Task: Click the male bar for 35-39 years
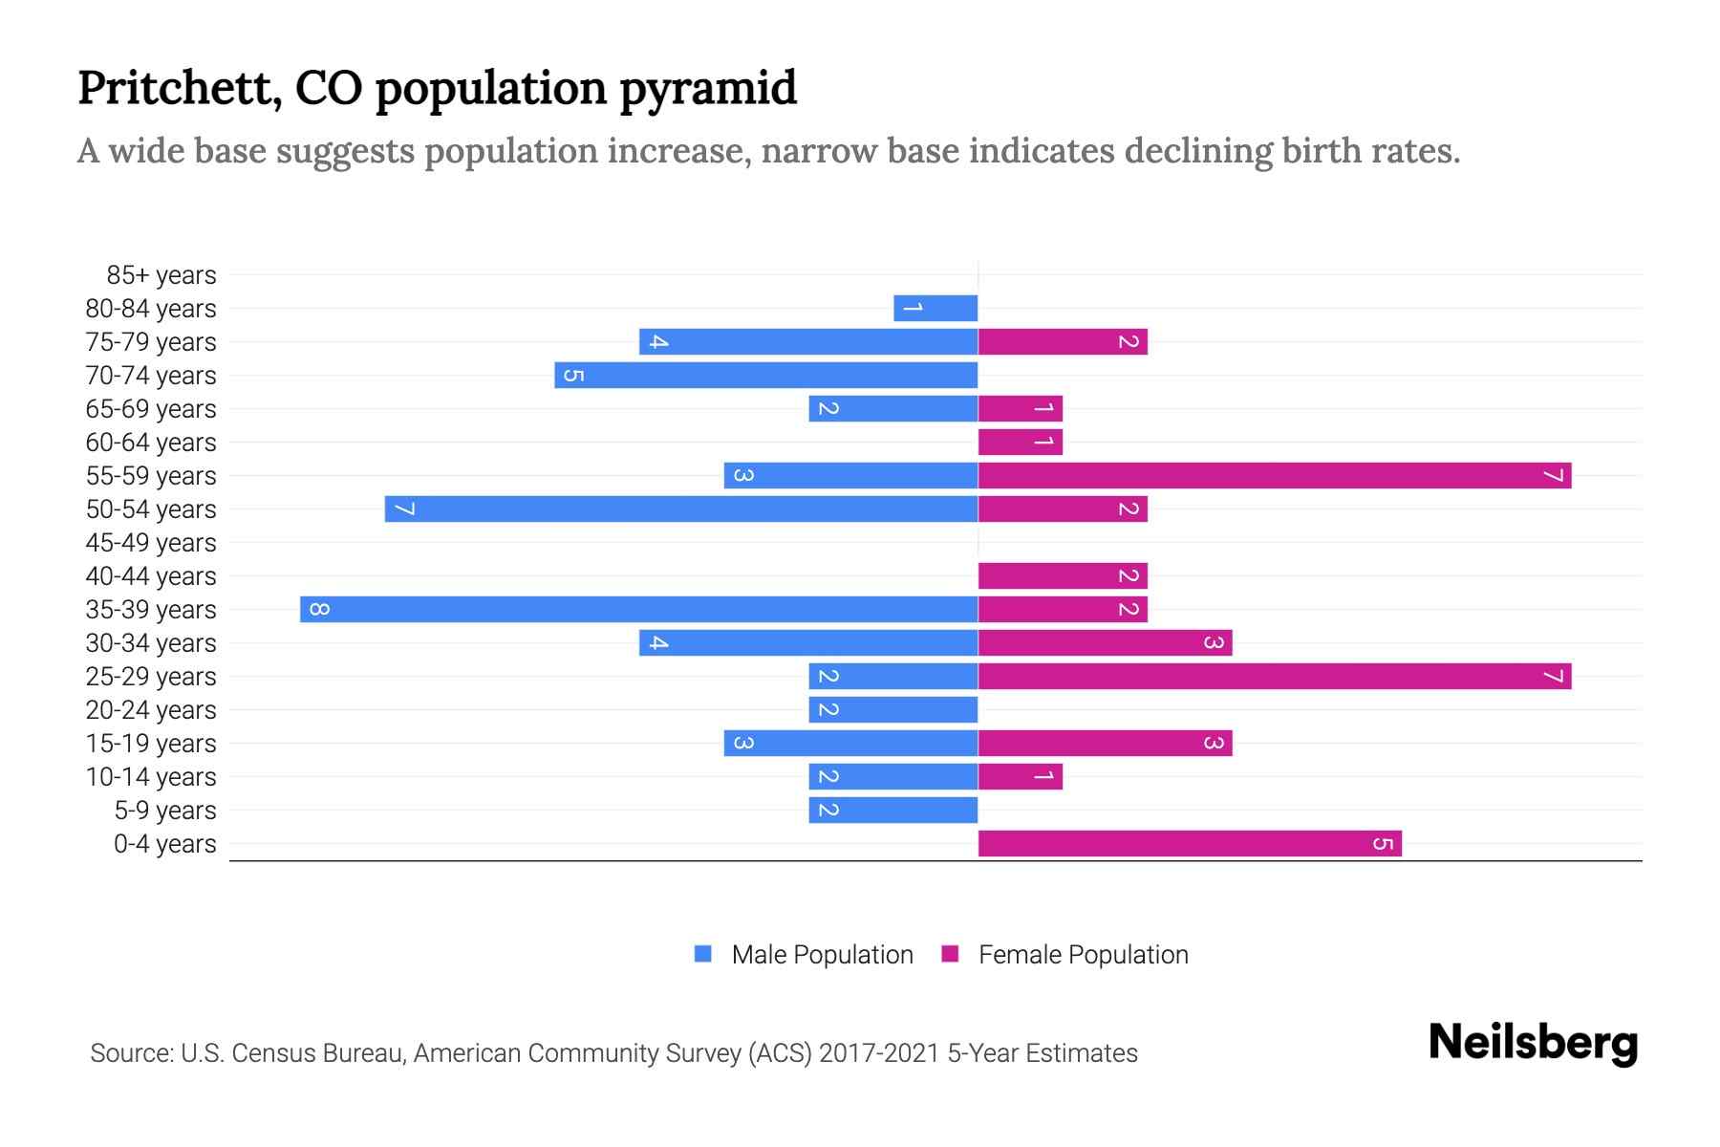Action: (638, 609)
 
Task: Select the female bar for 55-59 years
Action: (1274, 475)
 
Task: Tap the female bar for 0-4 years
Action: (1190, 843)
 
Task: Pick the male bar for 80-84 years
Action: (935, 308)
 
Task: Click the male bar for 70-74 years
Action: (765, 375)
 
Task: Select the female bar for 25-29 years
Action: (1274, 676)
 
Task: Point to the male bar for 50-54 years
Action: (680, 509)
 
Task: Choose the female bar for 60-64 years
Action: (1020, 442)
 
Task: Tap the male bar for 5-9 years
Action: (892, 810)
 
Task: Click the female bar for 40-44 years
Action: (1062, 575)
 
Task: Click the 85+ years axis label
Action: (161, 275)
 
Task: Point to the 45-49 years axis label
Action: (151, 543)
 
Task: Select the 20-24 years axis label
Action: (151, 710)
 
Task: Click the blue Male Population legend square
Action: (703, 954)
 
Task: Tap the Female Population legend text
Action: (1083, 955)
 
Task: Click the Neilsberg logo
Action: (1533, 1043)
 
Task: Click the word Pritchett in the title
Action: (179, 88)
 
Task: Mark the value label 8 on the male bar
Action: (319, 609)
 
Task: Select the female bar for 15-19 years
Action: (1105, 743)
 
